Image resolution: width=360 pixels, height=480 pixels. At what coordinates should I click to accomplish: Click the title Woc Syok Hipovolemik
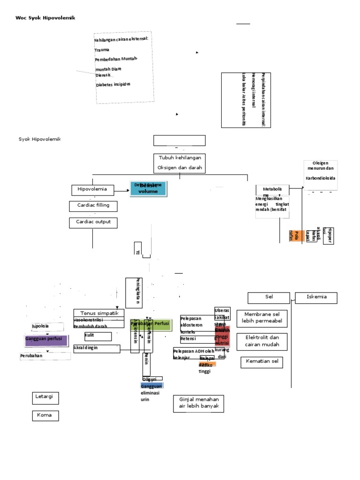(45, 18)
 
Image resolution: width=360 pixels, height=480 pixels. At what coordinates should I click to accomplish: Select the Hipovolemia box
(92, 189)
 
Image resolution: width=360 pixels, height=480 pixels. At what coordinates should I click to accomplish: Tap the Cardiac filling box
(93, 205)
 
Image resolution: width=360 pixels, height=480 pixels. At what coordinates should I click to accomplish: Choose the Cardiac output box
(93, 222)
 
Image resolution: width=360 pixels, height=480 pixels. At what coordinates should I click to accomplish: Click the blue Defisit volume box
(148, 188)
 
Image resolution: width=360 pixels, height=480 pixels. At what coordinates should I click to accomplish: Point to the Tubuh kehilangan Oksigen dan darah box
(180, 163)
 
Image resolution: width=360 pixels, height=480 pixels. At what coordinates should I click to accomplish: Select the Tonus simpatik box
(99, 313)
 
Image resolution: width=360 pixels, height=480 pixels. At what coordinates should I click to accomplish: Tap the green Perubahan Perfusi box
(150, 324)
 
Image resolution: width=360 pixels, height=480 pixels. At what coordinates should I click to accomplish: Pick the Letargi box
(45, 397)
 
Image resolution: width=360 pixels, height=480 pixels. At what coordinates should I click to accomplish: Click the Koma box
(45, 415)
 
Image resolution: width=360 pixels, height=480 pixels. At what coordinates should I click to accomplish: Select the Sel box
(269, 297)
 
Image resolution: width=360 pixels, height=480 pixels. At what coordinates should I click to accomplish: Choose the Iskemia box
(316, 297)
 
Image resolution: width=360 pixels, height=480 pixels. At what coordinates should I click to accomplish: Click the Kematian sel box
(262, 362)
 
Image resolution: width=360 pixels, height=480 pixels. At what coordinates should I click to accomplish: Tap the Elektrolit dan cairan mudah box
(262, 341)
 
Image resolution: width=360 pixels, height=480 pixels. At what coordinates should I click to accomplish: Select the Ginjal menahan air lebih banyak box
(198, 403)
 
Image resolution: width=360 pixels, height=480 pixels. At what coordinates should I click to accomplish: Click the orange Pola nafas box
(293, 235)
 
